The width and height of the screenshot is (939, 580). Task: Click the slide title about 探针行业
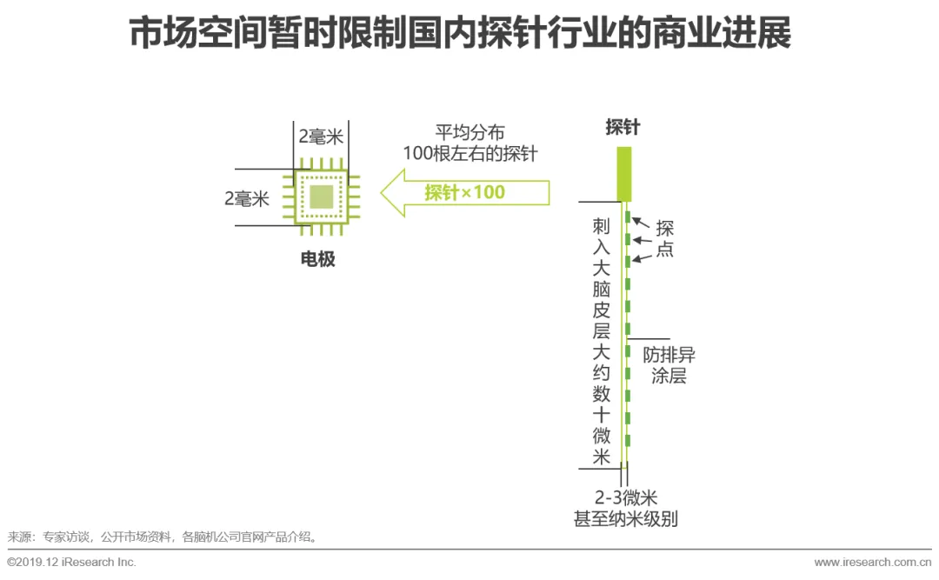[x=460, y=35]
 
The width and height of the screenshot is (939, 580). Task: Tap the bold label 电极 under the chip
[x=317, y=258]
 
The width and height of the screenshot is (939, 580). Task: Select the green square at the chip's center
[x=321, y=197]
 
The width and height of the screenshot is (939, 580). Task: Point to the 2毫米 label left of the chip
[x=247, y=198]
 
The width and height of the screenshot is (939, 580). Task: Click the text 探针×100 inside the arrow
[x=464, y=192]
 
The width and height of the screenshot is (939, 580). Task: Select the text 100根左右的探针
[x=469, y=154]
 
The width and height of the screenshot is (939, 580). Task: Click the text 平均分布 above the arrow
[x=469, y=133]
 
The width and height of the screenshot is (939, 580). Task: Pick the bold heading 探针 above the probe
[x=623, y=127]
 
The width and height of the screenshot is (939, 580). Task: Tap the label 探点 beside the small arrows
[x=664, y=239]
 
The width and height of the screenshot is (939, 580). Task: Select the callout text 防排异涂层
[x=669, y=365]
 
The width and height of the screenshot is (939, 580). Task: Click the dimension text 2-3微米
[x=625, y=498]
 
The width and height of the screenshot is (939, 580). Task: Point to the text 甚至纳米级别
[x=625, y=519]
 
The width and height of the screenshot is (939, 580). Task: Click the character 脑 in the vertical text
[x=602, y=290]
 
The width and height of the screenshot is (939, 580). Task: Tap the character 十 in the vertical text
[x=602, y=415]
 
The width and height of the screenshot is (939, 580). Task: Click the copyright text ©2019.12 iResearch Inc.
[x=71, y=562]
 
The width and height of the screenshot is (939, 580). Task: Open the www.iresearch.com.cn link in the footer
[x=872, y=562]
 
